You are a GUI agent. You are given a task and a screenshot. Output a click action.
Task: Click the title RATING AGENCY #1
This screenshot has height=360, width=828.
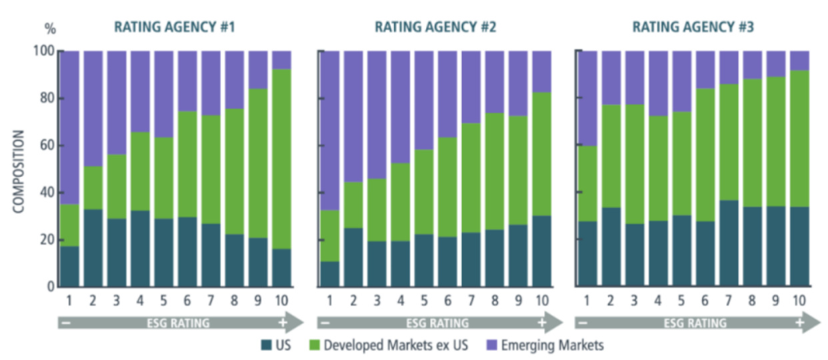[174, 27]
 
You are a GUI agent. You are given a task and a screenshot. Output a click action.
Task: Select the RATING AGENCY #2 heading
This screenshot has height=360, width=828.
[435, 27]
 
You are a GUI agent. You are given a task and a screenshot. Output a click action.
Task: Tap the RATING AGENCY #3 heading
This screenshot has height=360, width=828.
[693, 27]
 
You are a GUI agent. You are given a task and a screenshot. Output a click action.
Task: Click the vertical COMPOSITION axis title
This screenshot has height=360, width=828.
[18, 171]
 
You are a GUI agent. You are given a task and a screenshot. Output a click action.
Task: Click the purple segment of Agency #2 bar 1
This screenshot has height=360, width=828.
[330, 130]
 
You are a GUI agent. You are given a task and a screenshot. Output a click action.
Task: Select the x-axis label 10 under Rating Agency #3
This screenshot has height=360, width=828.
[799, 301]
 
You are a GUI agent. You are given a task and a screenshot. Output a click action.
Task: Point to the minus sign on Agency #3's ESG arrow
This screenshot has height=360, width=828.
[583, 323]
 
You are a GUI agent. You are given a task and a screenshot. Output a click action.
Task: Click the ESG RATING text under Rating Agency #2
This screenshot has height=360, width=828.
[435, 323]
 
